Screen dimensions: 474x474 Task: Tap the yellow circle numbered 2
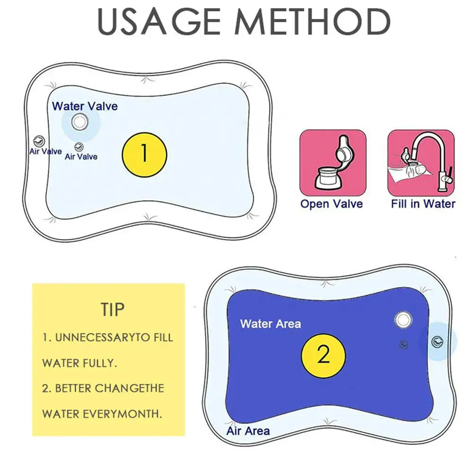323,355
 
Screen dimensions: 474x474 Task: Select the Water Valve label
85,106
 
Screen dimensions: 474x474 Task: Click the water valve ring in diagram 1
79,123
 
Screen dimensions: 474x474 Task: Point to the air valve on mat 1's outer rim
38,140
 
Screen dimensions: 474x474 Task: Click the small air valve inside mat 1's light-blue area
79,147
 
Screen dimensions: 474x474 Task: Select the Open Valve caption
331,204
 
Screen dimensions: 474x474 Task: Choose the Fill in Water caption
423,204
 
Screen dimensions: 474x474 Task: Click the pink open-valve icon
333,162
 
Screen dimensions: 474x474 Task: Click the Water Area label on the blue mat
270,324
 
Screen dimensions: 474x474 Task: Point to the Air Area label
248,431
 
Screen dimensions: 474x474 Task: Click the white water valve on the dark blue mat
403,320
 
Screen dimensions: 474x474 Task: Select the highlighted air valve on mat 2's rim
437,341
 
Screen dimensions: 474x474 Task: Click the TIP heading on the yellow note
113,309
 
